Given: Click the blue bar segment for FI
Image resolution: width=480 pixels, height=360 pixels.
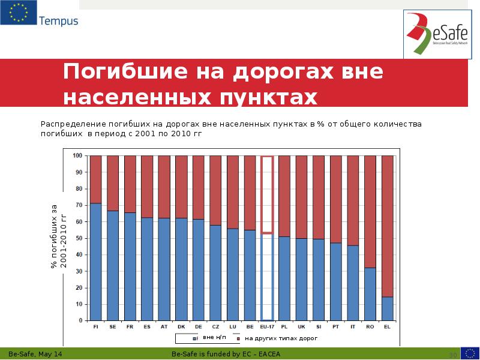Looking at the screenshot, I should click(x=95, y=262).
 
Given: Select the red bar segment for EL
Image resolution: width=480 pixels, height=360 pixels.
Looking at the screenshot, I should click(x=388, y=226).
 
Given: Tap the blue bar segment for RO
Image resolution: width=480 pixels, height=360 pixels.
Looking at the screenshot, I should click(x=370, y=294).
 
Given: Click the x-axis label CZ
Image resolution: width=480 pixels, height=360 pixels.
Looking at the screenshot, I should click(x=215, y=327).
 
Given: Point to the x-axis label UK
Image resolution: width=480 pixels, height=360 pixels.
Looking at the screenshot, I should click(x=301, y=327).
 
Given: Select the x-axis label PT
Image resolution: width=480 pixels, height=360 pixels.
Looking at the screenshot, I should click(x=336, y=327).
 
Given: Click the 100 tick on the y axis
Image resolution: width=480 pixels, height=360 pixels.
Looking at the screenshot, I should click(x=78, y=155).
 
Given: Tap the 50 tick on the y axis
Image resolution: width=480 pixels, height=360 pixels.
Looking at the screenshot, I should click(x=79, y=238).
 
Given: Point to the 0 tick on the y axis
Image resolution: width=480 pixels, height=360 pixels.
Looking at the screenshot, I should click(x=80, y=320).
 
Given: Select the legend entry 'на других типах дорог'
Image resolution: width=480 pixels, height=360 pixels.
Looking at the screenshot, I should click(x=277, y=338).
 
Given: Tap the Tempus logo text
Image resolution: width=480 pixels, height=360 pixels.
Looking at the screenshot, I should click(x=58, y=22).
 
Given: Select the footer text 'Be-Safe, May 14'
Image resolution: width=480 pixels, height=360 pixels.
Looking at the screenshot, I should click(x=39, y=355).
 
